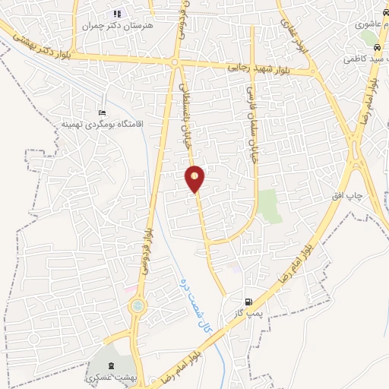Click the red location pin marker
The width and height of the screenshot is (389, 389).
[x=195, y=178]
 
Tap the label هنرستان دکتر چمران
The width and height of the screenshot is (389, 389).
[x=117, y=25]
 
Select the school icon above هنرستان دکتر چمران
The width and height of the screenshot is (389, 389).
[x=117, y=14]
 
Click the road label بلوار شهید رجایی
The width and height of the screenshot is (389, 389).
[x=258, y=68]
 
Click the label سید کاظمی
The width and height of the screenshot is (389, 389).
[x=364, y=57]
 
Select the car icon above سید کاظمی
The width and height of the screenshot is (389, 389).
[x=366, y=46]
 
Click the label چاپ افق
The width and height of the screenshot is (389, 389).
[x=348, y=196]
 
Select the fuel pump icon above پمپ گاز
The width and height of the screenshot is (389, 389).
[x=248, y=302]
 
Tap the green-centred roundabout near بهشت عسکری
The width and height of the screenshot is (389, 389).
[x=138, y=306]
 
